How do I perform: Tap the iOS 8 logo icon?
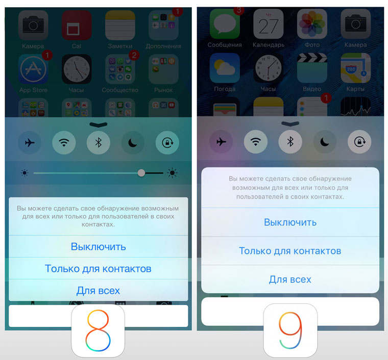point(98,330)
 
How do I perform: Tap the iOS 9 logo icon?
point(290,330)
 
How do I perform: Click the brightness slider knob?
point(141,173)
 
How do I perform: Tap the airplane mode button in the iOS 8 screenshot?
point(30,143)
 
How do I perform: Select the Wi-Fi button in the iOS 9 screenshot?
point(256,142)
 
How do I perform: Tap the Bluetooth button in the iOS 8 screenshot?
point(99,143)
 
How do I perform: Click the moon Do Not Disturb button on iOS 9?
point(325,142)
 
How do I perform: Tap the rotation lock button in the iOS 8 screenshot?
point(167,143)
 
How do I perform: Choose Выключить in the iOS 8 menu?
point(98,247)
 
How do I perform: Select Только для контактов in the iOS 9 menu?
point(290,251)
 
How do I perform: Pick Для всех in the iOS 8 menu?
point(98,291)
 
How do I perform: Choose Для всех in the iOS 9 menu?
point(290,279)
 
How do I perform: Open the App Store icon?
point(33,69)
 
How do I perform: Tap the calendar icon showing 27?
point(269,24)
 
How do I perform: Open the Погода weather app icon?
point(225,68)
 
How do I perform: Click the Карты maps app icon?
point(356,68)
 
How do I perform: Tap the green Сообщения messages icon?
point(225,24)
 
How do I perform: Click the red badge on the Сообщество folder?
point(134,55)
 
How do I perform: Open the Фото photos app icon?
point(312,24)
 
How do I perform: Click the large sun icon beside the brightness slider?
point(172,173)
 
